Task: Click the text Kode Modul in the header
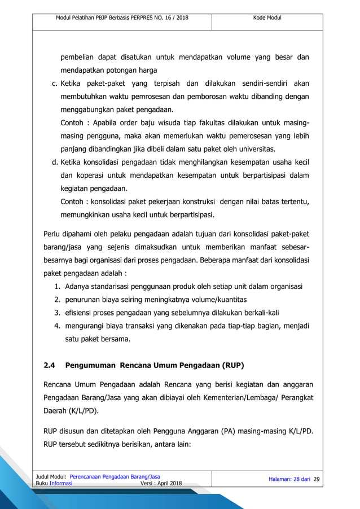tap(267, 18)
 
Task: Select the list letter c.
tap(55, 84)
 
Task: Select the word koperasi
tap(92, 176)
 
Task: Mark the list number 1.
tap(58, 286)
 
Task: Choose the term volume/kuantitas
tap(218, 299)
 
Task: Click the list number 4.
tap(58, 326)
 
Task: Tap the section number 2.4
tap(50, 365)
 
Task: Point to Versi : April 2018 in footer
tap(161, 484)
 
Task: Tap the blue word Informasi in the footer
tap(60, 484)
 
